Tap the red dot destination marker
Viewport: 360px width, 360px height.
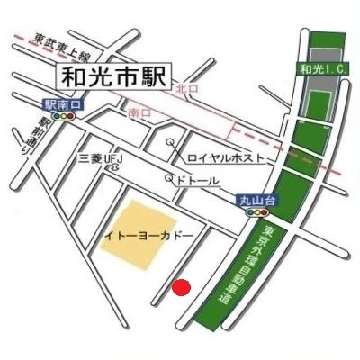coord(182,288)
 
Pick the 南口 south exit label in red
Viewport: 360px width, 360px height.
coord(139,114)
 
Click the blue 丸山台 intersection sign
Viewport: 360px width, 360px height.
coord(255,202)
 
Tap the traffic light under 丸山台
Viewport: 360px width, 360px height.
coord(256,214)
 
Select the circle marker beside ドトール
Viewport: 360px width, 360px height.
coord(172,178)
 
